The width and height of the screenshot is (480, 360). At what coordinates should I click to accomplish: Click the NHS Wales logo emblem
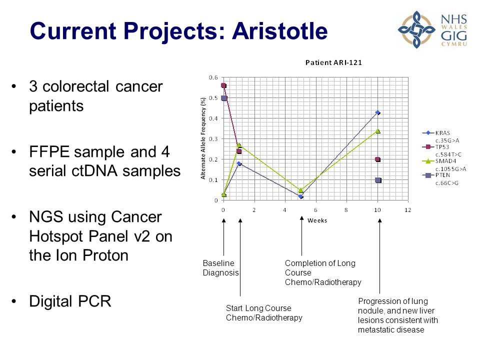point(416,29)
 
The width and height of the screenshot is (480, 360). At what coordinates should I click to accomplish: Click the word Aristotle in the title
point(280,31)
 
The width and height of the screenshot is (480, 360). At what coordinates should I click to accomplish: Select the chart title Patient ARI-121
point(333,63)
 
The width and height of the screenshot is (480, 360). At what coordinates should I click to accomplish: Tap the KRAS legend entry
point(444,136)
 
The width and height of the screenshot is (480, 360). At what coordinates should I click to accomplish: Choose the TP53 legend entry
point(444,150)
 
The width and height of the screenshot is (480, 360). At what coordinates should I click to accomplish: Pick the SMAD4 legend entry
point(444,164)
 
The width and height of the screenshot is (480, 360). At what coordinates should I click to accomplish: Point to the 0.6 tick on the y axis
point(213,77)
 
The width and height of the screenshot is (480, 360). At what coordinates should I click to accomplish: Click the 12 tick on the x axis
point(408,210)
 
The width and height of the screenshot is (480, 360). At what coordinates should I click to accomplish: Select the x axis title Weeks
point(317,220)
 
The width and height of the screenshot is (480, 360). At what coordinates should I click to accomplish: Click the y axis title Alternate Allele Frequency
point(203,138)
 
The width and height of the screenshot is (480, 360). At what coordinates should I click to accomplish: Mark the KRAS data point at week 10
point(378,112)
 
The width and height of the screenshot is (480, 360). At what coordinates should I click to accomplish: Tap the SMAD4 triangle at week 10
point(378,131)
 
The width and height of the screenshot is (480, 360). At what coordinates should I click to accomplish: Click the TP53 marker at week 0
point(223,85)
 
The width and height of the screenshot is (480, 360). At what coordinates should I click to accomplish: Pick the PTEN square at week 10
point(378,180)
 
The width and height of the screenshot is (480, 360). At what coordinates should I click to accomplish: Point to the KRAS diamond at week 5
point(301,196)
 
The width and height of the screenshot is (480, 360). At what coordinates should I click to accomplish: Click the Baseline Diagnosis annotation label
point(220,268)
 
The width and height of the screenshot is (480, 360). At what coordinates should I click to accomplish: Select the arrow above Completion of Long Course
point(301,235)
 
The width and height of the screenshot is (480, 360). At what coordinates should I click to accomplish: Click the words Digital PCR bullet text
point(70,301)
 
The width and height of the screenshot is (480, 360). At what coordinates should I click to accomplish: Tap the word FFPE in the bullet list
point(49,152)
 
